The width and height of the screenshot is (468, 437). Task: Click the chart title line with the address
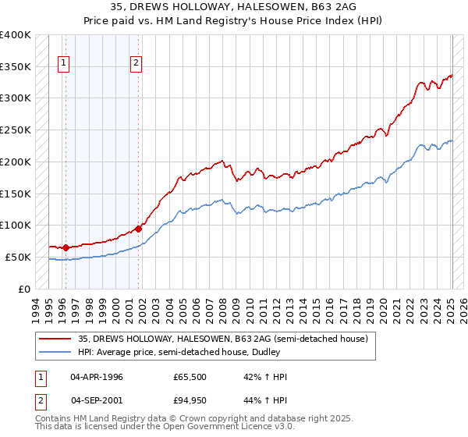(x=234, y=8)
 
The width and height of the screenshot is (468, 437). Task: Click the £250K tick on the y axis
(x=16, y=130)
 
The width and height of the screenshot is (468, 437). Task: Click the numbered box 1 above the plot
(x=63, y=65)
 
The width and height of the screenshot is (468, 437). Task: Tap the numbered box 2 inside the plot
(x=136, y=65)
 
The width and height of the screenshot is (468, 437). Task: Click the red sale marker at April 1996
(x=66, y=247)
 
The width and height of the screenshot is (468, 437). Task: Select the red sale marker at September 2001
(x=138, y=229)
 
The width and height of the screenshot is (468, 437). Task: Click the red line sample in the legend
(x=55, y=339)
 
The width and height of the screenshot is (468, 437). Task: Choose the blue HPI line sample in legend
(x=55, y=352)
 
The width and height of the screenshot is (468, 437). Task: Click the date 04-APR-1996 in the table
(x=97, y=377)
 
